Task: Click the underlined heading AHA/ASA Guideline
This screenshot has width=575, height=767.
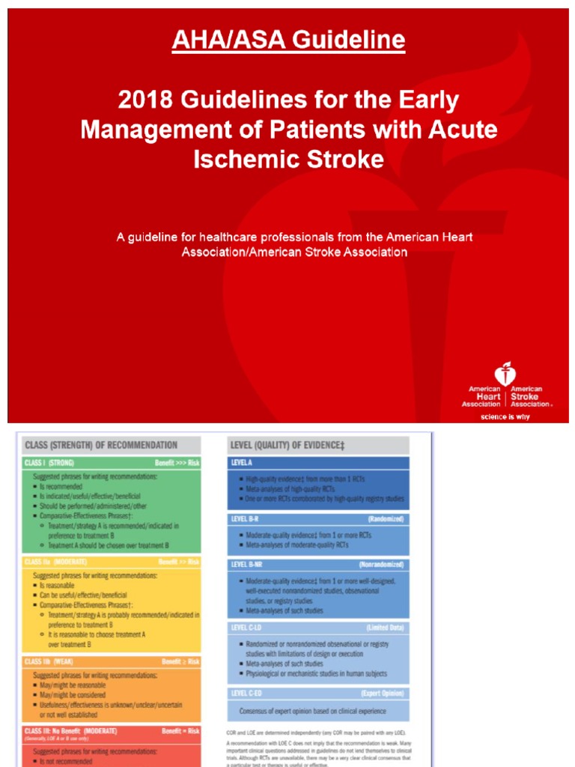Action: [x=288, y=40]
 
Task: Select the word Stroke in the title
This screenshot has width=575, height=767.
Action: [x=347, y=159]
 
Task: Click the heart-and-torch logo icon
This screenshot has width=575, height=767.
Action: [x=505, y=375]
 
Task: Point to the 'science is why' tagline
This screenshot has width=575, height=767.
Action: [x=505, y=416]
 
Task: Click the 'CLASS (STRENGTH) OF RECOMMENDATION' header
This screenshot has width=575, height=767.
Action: [x=101, y=445]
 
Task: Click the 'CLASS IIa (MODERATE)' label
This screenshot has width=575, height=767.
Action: [x=55, y=561]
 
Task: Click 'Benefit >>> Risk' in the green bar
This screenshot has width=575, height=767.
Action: [x=177, y=463]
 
